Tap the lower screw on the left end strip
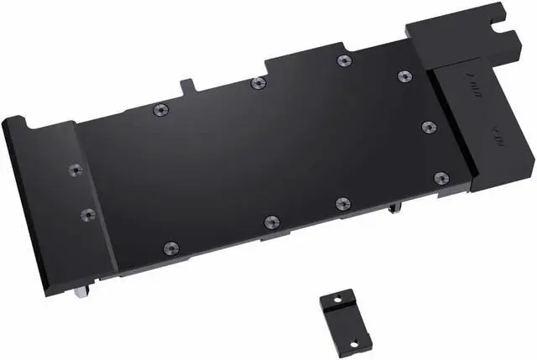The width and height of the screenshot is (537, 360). [87, 215]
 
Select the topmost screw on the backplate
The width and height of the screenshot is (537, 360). [342, 60]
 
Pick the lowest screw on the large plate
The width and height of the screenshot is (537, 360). [170, 248]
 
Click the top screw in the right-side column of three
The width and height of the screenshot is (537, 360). [404, 76]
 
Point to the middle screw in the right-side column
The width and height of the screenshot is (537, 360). [427, 127]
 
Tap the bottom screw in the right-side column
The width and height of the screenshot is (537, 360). [441, 177]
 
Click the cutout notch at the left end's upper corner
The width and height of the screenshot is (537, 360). [18, 123]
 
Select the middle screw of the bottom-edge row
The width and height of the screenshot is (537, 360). [269, 222]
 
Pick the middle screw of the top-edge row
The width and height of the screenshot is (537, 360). [258, 83]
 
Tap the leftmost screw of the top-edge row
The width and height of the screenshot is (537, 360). [159, 110]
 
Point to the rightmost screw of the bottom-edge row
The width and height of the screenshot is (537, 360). [342, 203]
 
